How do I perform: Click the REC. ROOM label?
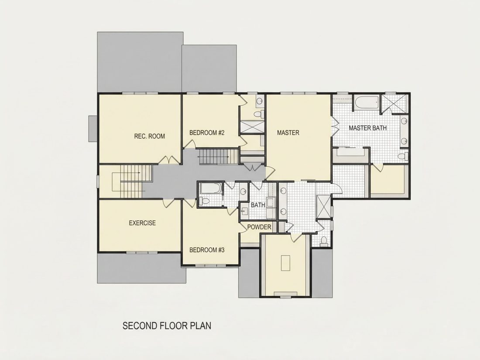(x=149, y=136)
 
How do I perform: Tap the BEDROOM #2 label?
(x=207, y=133)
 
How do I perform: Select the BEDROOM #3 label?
(x=207, y=250)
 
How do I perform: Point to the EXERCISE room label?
(x=142, y=223)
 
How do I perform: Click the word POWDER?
(x=259, y=227)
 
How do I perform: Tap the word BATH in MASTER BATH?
(x=378, y=128)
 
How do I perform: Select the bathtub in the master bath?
(x=367, y=103)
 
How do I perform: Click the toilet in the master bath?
(x=404, y=156)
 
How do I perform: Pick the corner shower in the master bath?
(x=394, y=103)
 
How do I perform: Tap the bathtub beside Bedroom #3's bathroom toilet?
(x=211, y=189)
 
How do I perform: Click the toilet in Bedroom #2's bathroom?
(x=259, y=114)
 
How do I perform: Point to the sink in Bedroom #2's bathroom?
(x=260, y=101)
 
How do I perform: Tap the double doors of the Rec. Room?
(x=169, y=160)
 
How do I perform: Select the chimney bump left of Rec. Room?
(x=93, y=129)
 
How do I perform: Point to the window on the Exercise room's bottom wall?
(x=142, y=253)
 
